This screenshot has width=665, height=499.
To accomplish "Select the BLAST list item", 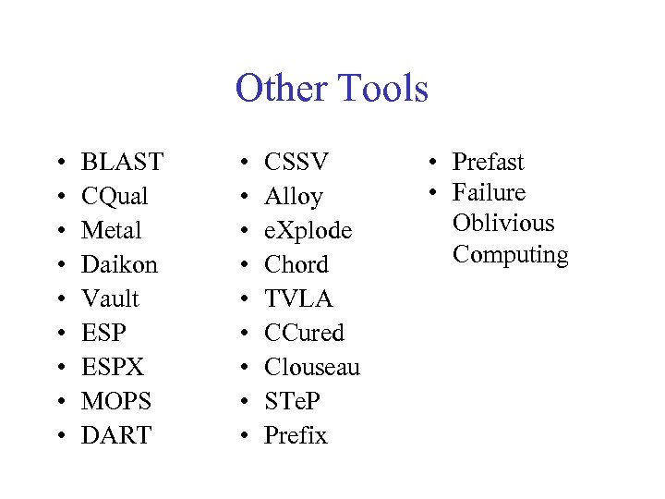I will (x=122, y=163).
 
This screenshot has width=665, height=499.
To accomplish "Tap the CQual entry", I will (x=115, y=197).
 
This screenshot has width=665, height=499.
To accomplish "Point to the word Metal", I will (x=112, y=230).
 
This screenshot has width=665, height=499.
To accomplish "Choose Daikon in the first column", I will (x=119, y=264).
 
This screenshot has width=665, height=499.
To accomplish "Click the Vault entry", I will (x=110, y=298).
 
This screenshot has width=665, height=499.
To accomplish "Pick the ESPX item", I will (x=113, y=367).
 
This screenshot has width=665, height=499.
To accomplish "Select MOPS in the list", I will (x=116, y=401).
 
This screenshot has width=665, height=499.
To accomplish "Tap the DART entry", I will (x=116, y=435).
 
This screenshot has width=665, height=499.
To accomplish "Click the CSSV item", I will (x=296, y=163).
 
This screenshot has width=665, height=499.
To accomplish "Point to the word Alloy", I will (x=294, y=197).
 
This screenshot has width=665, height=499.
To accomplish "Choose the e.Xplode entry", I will (x=308, y=230).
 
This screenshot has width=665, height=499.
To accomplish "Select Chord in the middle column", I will (x=296, y=264).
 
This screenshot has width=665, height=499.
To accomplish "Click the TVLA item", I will (x=298, y=298).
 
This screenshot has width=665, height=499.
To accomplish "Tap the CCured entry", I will (x=304, y=333).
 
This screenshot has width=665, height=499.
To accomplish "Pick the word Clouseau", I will (x=312, y=367).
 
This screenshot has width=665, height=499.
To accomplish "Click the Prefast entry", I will (x=488, y=163).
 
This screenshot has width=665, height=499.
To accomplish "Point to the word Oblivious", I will (x=503, y=224).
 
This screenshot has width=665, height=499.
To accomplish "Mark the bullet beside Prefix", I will (x=244, y=435).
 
